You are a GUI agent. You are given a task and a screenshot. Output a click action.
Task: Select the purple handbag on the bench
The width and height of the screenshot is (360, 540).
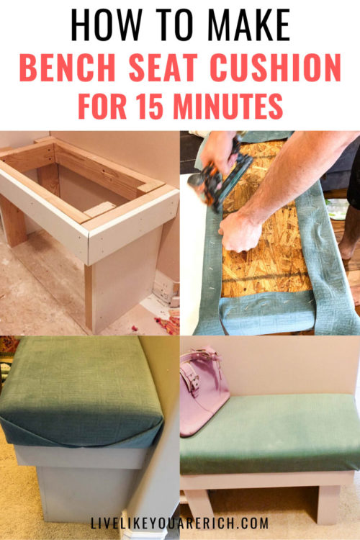coord(204,393)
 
